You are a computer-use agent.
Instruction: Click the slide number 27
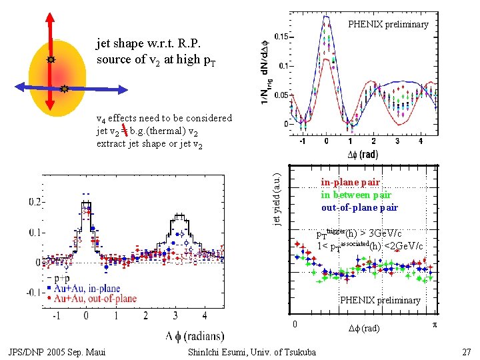pos(466,352)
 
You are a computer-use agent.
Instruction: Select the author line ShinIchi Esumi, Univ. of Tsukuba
pos(253,352)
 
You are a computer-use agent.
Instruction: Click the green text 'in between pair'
pos(356,195)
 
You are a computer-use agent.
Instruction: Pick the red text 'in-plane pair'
pos(350,182)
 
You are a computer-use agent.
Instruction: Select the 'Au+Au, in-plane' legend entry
pos(88,288)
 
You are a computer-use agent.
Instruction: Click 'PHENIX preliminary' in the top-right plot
pos(388,25)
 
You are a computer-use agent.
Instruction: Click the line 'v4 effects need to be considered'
pos(164,118)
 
